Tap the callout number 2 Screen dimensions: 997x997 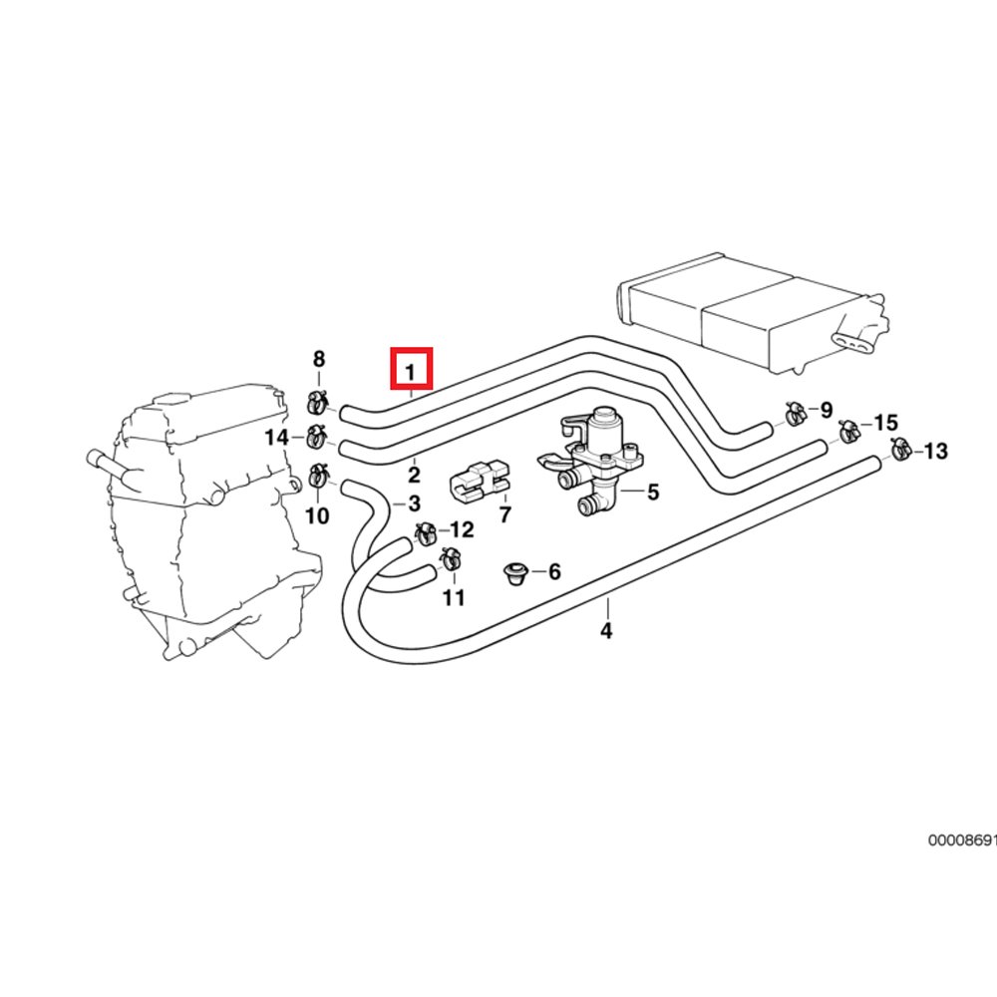(x=413, y=476)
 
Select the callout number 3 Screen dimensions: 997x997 (x=414, y=503)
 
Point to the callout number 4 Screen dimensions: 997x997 (x=606, y=630)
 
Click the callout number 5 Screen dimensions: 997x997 (x=653, y=492)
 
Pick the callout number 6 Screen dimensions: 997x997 (x=554, y=571)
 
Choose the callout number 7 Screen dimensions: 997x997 (x=504, y=515)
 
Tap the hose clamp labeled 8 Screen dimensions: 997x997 (x=318, y=402)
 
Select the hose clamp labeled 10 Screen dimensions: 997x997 (x=318, y=477)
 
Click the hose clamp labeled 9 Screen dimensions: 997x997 (x=796, y=413)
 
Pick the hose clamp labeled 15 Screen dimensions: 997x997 (x=848, y=430)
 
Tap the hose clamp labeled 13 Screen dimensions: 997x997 (x=898, y=450)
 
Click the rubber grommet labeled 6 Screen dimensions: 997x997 (x=515, y=572)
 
